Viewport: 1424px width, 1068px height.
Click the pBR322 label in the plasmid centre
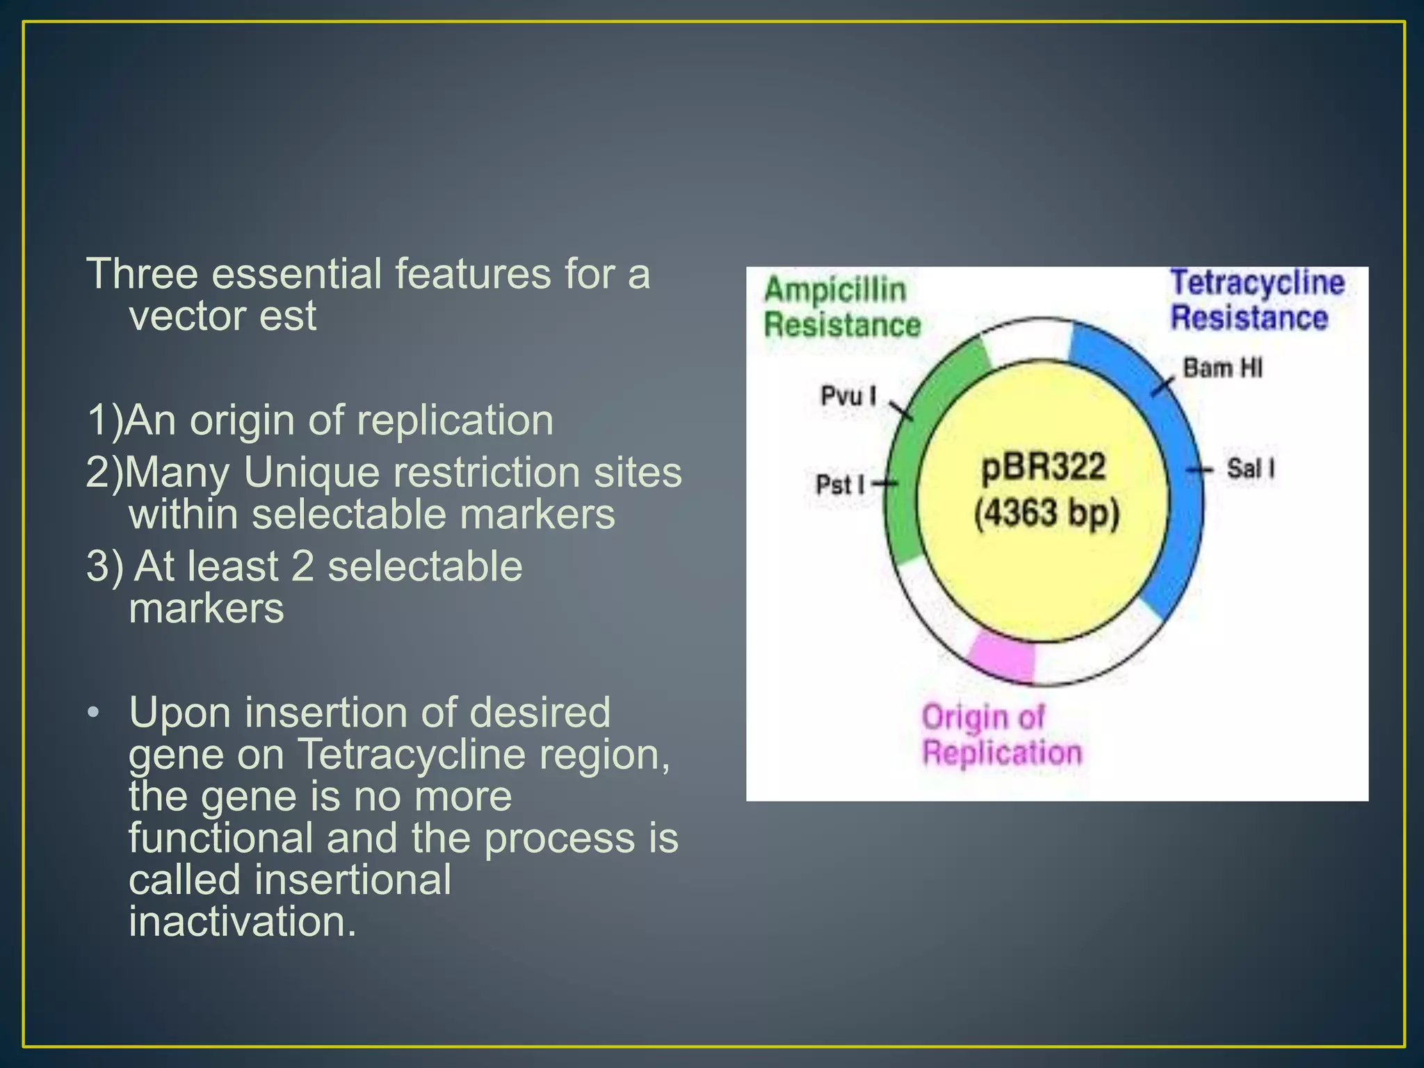click(x=1043, y=467)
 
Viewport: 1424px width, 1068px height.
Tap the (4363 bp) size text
click(x=1046, y=515)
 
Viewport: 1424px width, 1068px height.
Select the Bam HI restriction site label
click(x=1222, y=368)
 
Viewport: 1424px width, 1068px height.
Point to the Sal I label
click(x=1250, y=469)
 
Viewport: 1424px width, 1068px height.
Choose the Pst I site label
click(x=840, y=485)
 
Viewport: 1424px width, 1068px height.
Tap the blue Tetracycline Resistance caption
click(x=1256, y=300)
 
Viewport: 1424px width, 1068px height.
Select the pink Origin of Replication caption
click(x=1001, y=735)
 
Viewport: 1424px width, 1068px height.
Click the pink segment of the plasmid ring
click(x=1001, y=657)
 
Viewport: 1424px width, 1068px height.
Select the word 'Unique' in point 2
click(x=311, y=473)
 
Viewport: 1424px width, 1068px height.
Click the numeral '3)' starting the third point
click(x=105, y=566)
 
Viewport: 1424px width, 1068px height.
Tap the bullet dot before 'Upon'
click(x=94, y=713)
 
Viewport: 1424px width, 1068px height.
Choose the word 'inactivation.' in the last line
click(x=243, y=922)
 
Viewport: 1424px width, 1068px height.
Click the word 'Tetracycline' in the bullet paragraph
click(x=410, y=754)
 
